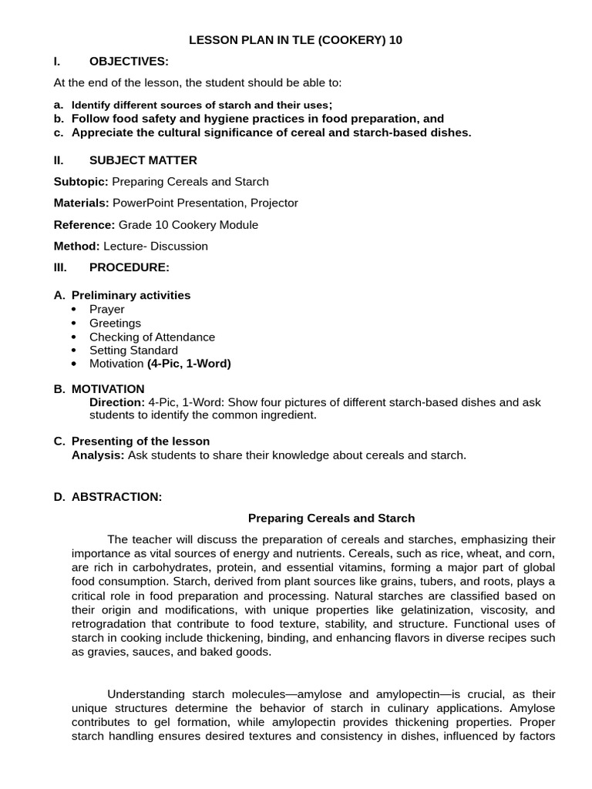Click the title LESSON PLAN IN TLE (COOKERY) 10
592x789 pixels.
[296, 40]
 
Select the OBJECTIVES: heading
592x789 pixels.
[129, 62]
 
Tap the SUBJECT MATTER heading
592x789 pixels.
[143, 160]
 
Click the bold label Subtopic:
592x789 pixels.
[81, 182]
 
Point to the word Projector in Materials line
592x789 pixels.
[271, 203]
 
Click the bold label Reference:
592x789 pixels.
[83, 225]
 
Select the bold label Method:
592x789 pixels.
[76, 247]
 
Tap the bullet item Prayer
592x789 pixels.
[106, 309]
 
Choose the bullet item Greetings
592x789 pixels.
[115, 323]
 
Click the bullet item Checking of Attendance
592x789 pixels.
[152, 337]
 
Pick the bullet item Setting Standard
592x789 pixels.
[133, 351]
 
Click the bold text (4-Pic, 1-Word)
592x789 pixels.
[189, 364]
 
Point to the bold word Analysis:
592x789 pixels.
[98, 455]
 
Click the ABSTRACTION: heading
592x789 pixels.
[116, 497]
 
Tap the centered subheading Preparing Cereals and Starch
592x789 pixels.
[331, 519]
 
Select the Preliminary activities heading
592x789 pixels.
[131, 295]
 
